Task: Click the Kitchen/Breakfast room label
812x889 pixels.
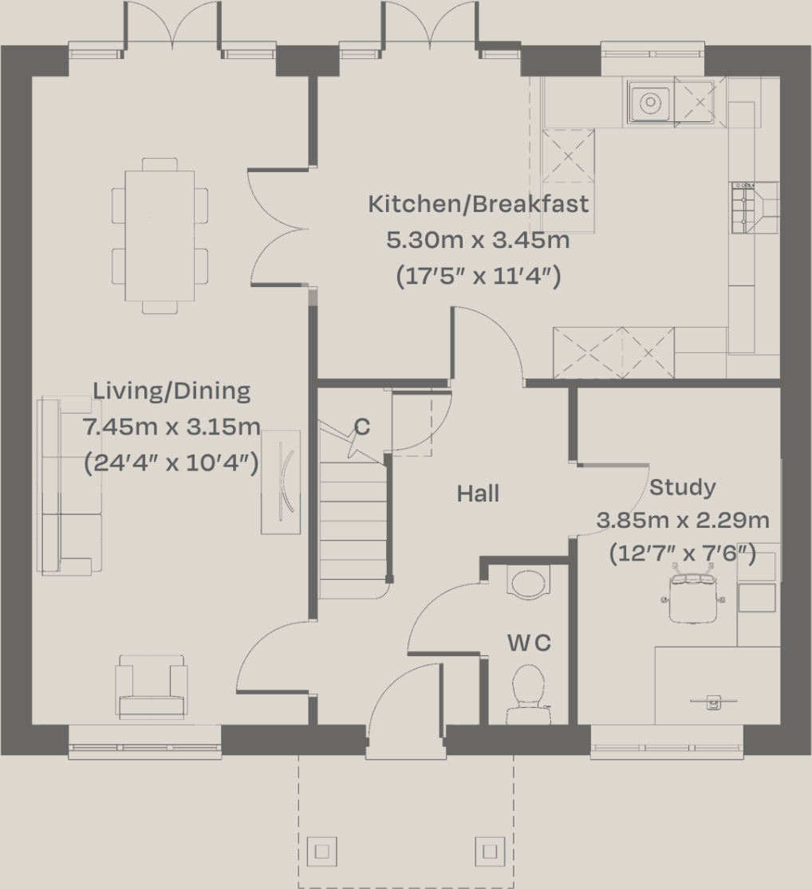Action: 478,204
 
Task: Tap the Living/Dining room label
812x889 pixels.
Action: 171,391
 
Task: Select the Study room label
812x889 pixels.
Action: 682,487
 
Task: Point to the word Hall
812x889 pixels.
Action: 478,494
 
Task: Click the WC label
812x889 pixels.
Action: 529,643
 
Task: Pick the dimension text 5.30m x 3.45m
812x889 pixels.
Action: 478,240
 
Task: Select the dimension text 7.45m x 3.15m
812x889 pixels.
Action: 171,427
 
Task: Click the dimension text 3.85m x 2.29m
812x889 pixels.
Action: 683,521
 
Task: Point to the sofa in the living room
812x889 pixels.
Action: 68,486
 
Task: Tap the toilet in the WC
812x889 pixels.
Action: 528,689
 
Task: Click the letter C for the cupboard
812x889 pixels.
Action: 362,427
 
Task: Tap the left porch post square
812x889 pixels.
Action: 321,851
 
